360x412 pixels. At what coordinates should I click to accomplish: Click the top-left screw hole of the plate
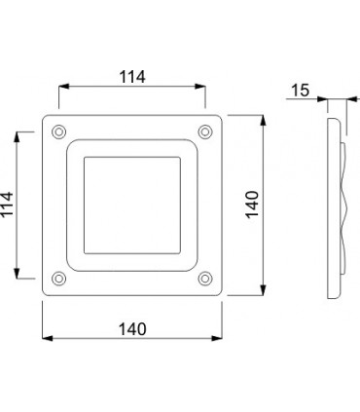tap(59, 131)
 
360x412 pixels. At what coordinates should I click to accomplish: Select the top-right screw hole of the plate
tap(204, 131)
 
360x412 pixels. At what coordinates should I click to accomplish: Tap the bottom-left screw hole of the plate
tap(59, 279)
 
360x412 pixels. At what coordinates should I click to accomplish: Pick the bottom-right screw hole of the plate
tap(204, 279)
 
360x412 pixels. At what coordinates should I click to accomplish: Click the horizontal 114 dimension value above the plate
tap(131, 77)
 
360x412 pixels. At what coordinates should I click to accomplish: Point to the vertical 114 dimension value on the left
tap(9, 205)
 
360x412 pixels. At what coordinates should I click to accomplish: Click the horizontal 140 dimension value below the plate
tap(131, 328)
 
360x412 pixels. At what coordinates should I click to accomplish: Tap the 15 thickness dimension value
tap(300, 90)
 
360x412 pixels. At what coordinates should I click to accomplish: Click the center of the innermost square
tap(132, 206)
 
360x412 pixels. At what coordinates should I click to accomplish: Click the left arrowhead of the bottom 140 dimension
tap(46, 339)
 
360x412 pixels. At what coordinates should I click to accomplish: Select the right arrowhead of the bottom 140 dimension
tap(219, 339)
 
